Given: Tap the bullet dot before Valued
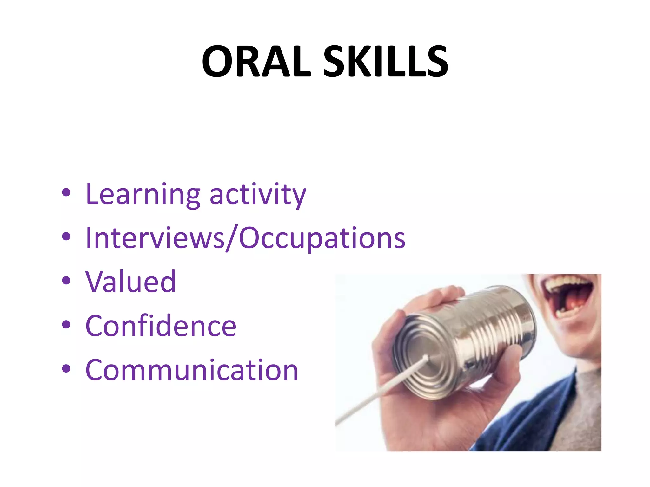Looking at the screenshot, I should pyautogui.click(x=66, y=281).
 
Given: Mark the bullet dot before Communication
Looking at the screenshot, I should pyautogui.click(x=66, y=369).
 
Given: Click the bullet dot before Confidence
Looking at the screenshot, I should pyautogui.click(x=66, y=325).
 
